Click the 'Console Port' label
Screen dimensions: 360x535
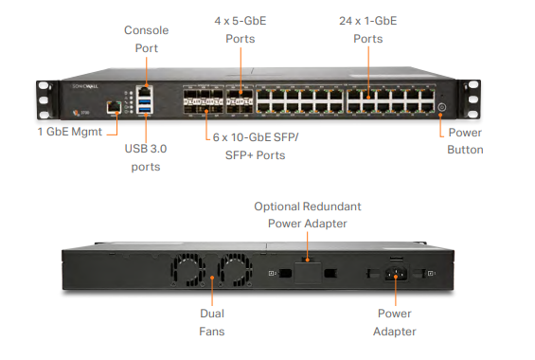(x=146, y=38)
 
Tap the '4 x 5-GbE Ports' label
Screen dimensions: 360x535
(x=241, y=29)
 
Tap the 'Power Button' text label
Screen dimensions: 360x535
(x=465, y=141)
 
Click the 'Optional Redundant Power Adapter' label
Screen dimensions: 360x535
(x=308, y=215)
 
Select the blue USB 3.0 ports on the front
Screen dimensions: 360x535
(x=144, y=106)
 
